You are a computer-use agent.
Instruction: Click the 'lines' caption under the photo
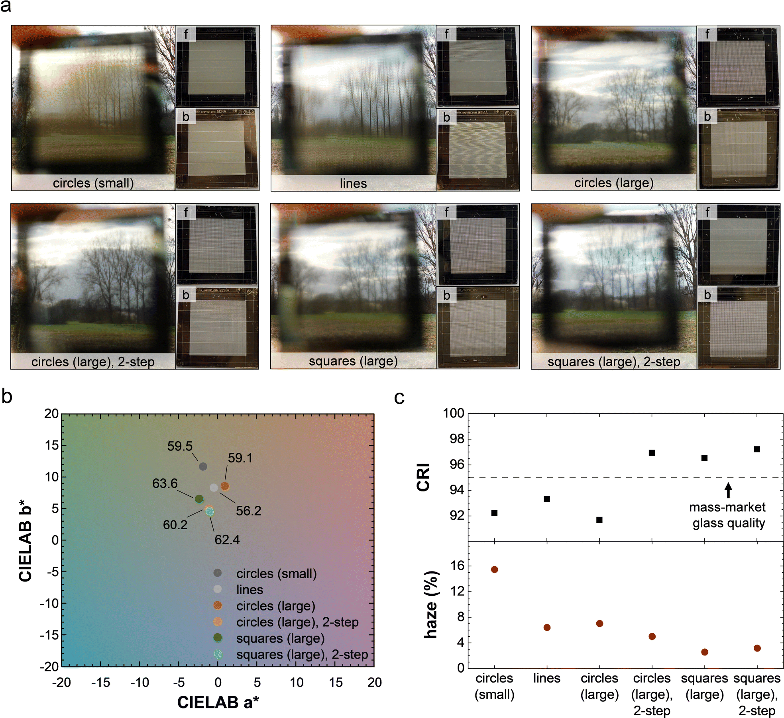coord(353,183)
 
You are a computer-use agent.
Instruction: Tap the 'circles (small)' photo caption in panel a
coord(93,183)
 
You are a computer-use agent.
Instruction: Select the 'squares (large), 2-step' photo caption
coord(614,362)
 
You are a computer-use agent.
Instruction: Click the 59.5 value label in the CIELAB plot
coord(180,446)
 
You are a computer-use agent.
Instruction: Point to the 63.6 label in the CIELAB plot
coord(165,483)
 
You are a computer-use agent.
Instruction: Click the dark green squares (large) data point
coord(199,499)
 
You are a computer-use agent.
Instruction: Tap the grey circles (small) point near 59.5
coord(203,466)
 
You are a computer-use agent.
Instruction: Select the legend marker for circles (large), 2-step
coord(218,622)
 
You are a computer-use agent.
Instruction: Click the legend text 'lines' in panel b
coord(250,589)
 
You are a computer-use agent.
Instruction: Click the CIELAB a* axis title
coord(218,702)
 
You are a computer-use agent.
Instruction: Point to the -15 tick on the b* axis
coord(49,635)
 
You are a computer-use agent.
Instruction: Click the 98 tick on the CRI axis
coord(454,439)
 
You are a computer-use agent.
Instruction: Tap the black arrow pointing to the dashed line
coord(728,490)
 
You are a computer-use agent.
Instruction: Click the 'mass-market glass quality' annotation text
coord(728,515)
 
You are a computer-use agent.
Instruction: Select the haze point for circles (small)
coord(494,569)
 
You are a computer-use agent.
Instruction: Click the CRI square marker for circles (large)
coord(599,520)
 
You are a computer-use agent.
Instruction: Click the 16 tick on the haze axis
coord(458,566)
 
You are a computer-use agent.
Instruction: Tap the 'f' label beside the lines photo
coord(446,34)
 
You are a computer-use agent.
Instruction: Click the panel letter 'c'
coord(399,397)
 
